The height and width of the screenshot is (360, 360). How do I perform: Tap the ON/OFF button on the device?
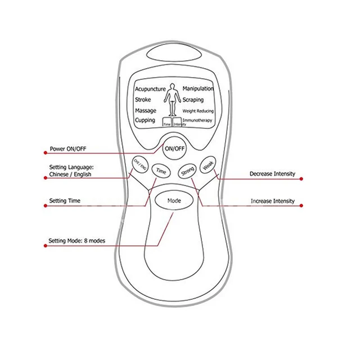coord(173,148)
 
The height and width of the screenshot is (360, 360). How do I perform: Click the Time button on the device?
coord(161,171)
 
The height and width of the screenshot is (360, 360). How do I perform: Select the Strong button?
coord(186,172)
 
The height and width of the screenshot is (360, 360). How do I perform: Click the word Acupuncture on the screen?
coord(150,89)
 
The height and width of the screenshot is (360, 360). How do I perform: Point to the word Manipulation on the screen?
coord(198,89)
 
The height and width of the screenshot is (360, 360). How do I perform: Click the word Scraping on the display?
coord(193,100)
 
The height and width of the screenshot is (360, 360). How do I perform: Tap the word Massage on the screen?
coord(145,110)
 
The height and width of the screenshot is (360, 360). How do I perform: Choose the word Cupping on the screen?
coord(145,120)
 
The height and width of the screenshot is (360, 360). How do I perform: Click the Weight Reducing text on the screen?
coord(197,111)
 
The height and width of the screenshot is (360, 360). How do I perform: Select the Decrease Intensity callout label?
coord(272,174)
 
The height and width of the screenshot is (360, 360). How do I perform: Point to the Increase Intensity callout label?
coord(272,201)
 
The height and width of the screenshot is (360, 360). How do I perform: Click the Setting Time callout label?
coord(65,200)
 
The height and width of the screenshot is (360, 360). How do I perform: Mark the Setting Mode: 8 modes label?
coord(76,241)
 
